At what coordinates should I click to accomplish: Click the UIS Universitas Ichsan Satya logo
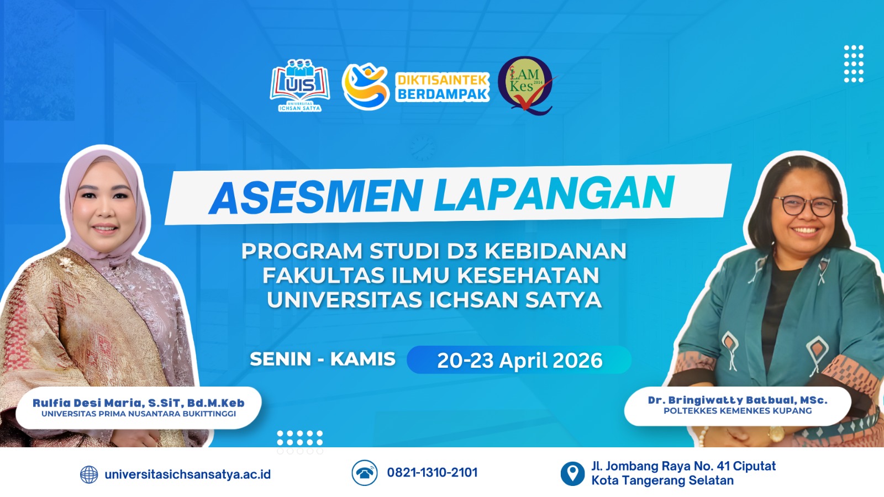point(300,85)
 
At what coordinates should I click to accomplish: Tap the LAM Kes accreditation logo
point(526,86)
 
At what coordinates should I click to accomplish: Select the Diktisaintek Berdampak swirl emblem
point(365,86)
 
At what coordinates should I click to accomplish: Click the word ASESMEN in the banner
point(316,197)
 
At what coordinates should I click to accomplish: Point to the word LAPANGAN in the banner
point(554,193)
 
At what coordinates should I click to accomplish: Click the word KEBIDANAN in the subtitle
point(555,251)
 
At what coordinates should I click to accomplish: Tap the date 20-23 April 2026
point(520,360)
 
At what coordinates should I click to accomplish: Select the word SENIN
point(281,359)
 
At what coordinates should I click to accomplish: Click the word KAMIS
point(362,359)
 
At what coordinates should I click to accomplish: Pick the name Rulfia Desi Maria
point(87,403)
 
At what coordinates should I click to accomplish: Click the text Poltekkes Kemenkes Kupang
point(738,411)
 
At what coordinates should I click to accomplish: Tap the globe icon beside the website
point(89,474)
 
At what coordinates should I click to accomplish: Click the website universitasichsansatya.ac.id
point(187,474)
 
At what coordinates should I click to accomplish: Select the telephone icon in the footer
point(364,473)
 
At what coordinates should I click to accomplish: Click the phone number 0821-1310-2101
point(432,473)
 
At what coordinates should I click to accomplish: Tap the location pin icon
point(572,473)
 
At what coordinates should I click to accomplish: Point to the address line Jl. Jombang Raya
point(683,466)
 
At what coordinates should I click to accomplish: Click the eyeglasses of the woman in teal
point(804,206)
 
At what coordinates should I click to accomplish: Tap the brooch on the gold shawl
point(66,263)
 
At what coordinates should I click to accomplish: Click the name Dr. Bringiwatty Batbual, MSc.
point(738,400)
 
